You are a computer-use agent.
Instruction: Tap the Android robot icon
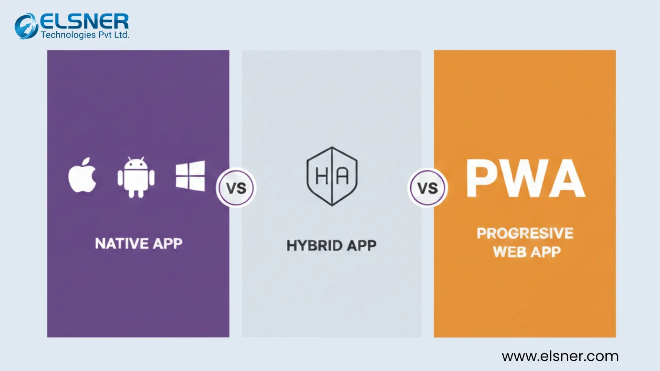point(136,177)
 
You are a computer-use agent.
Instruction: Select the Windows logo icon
point(190,176)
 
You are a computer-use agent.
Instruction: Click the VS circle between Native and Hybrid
point(236,188)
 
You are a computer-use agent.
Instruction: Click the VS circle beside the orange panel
point(428,188)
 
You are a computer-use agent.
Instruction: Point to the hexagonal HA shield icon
point(332,176)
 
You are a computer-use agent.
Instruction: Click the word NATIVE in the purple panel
point(122,244)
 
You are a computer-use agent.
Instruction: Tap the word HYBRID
point(315,246)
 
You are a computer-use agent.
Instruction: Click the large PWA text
point(525,178)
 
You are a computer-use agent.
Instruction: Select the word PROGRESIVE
point(525,233)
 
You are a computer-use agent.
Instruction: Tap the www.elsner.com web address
point(560,356)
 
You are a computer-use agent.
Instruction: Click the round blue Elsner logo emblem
point(26,26)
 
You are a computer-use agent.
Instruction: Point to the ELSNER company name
point(85,22)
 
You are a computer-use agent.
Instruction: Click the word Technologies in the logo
point(68,35)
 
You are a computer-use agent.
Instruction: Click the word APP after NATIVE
point(167,244)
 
